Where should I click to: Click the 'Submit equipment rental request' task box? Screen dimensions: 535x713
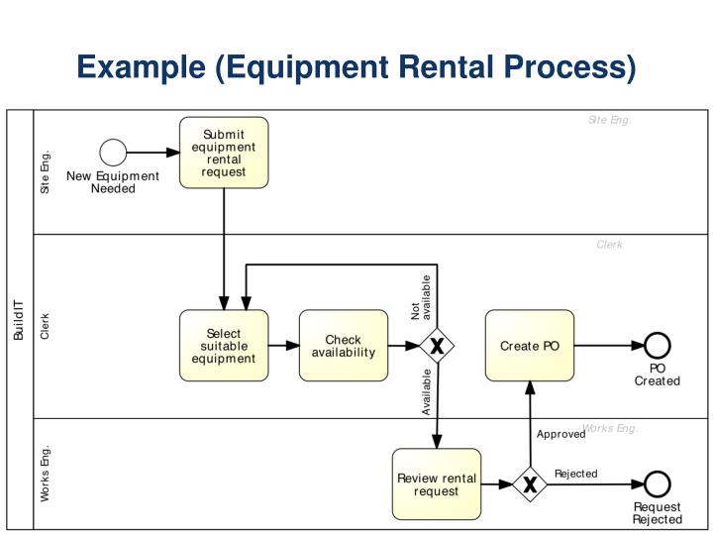[224, 153]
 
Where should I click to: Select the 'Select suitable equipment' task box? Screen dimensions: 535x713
[224, 346]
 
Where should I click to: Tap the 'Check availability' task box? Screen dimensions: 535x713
[344, 346]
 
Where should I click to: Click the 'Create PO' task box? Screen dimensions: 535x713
[530, 346]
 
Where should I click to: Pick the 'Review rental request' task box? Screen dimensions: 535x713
[437, 484]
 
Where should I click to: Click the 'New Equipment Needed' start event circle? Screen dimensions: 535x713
[114, 153]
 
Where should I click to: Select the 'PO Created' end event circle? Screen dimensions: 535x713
[658, 346]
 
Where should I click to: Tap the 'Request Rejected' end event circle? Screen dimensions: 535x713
[658, 484]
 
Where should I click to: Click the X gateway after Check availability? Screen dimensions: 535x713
[437, 346]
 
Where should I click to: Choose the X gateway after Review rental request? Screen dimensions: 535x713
[530, 484]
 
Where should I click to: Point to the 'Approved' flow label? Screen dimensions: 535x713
[560, 434]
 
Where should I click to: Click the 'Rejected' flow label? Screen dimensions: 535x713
[575, 474]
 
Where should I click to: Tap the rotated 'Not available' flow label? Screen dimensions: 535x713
[421, 297]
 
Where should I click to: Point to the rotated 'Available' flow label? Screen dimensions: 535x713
[427, 391]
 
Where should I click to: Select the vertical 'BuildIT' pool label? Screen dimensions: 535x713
[19, 318]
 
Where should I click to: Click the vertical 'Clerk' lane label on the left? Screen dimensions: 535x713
[45, 327]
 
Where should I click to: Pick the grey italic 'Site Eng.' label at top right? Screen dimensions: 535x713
[609, 121]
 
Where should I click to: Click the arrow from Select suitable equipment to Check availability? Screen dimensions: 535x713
[284, 346]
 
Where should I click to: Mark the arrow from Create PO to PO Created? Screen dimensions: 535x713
[609, 346]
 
